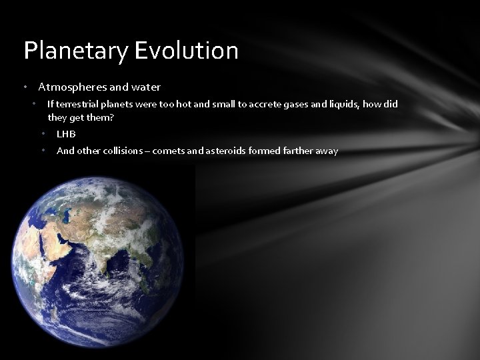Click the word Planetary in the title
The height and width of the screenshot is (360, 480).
[x=67, y=51]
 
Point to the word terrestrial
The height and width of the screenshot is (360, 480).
[x=75, y=104]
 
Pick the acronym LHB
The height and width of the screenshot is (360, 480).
[x=66, y=134]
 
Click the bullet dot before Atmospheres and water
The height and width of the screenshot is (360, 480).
[x=25, y=87]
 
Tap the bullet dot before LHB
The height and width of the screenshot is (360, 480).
[x=43, y=134]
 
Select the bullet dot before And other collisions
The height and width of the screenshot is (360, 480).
[x=43, y=151]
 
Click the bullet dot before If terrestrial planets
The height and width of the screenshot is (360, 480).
[x=34, y=104]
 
